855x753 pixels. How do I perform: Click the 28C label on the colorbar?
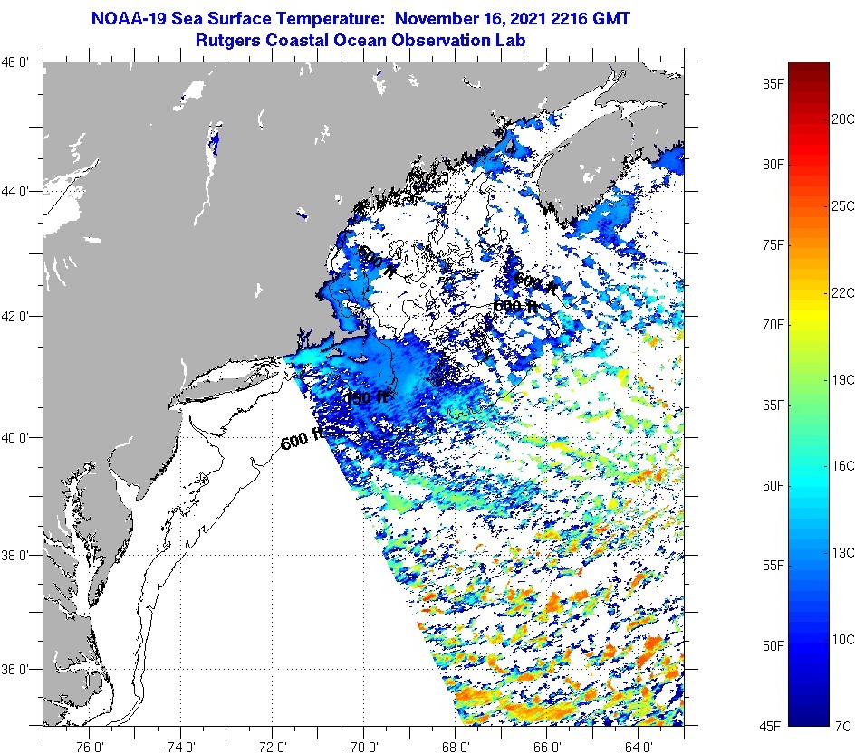[842, 119]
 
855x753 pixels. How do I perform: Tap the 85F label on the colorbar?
[773, 84]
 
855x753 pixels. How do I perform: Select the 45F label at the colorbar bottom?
[773, 726]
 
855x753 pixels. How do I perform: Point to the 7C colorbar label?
[842, 726]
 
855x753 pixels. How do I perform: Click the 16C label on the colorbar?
[842, 465]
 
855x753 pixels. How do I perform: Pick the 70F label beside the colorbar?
[773, 324]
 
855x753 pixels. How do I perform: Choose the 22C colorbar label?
[842, 292]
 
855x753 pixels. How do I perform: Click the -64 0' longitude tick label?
[638, 747]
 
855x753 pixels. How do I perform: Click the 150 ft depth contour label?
[366, 396]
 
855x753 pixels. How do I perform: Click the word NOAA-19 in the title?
[126, 18]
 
